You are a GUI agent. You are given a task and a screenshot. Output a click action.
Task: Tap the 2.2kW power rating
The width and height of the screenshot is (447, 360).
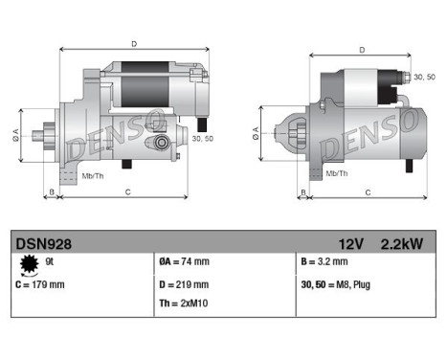pos(401,244)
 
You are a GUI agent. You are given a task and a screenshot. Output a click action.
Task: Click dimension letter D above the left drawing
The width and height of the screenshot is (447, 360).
pos(133,44)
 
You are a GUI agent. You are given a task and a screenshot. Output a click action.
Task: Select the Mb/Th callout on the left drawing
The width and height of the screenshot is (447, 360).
pos(94,176)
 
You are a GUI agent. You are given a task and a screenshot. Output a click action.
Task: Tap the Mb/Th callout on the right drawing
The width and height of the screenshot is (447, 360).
pos(335,172)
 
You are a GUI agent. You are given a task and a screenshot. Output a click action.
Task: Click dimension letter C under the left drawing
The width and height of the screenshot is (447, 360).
pos(127,192)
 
